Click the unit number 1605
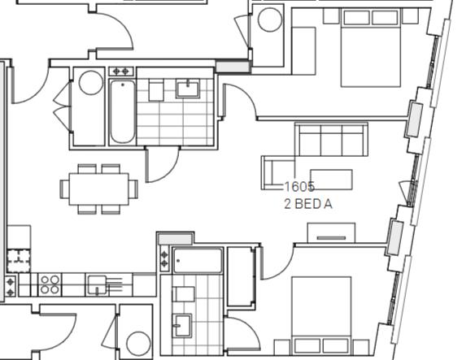(299, 187)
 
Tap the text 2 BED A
(308, 205)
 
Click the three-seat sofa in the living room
(332, 140)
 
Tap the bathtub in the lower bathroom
(198, 261)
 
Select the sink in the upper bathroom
(188, 88)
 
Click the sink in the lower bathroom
(183, 325)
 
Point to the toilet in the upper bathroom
(157, 90)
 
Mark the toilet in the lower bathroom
(184, 293)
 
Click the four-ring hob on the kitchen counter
(50, 284)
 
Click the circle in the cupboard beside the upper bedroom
(269, 20)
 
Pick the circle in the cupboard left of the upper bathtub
(90, 83)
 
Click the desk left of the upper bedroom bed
(303, 50)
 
